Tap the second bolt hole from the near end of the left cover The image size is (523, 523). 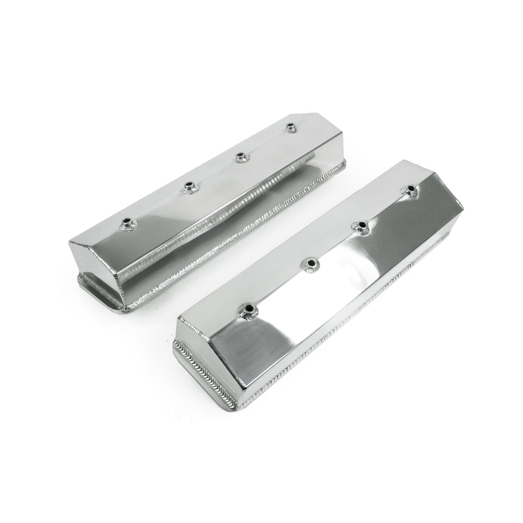[x=189, y=185]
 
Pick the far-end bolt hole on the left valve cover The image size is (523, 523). [x=290, y=127]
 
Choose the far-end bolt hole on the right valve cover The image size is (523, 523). [x=410, y=189]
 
